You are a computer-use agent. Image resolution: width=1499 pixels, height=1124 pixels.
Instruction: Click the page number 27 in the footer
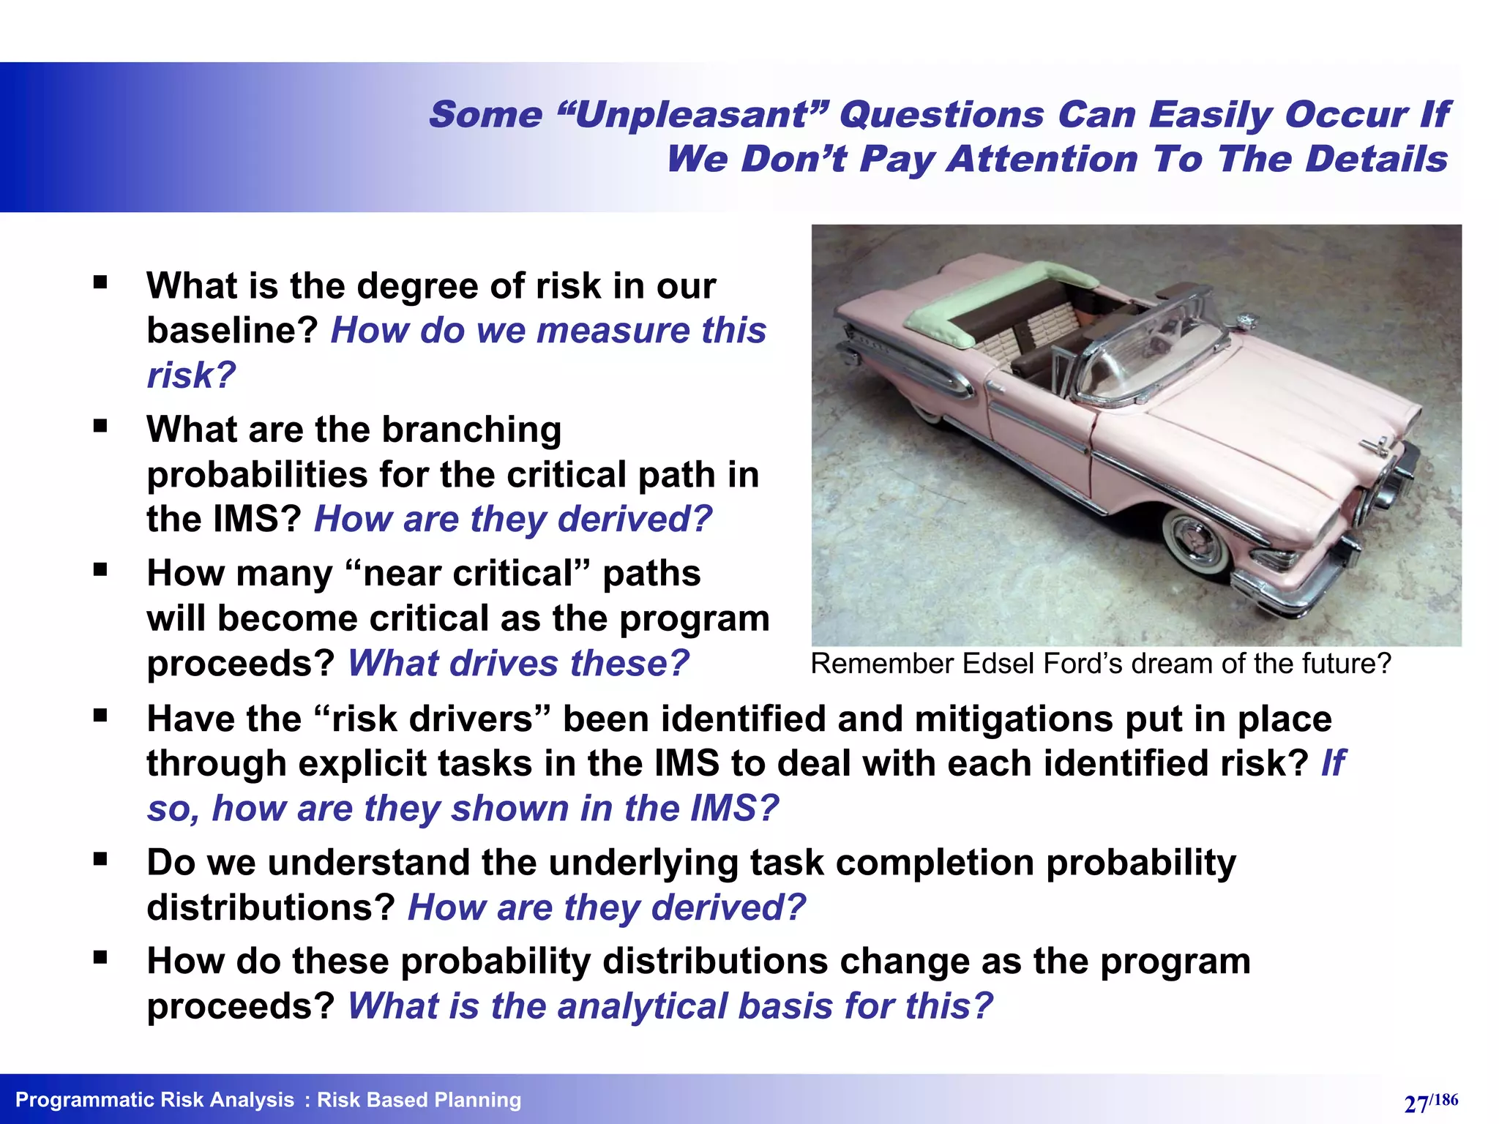(x=1416, y=1103)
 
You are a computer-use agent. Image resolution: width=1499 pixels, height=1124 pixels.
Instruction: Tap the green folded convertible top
(x=988, y=300)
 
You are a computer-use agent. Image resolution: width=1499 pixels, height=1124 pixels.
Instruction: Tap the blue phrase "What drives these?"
(x=518, y=664)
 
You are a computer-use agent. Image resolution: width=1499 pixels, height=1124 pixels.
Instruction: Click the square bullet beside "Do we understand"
(x=100, y=858)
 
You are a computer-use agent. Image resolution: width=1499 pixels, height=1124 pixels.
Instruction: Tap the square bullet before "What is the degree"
(x=100, y=282)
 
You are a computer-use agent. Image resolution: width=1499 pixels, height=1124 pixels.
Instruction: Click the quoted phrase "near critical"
(x=471, y=573)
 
